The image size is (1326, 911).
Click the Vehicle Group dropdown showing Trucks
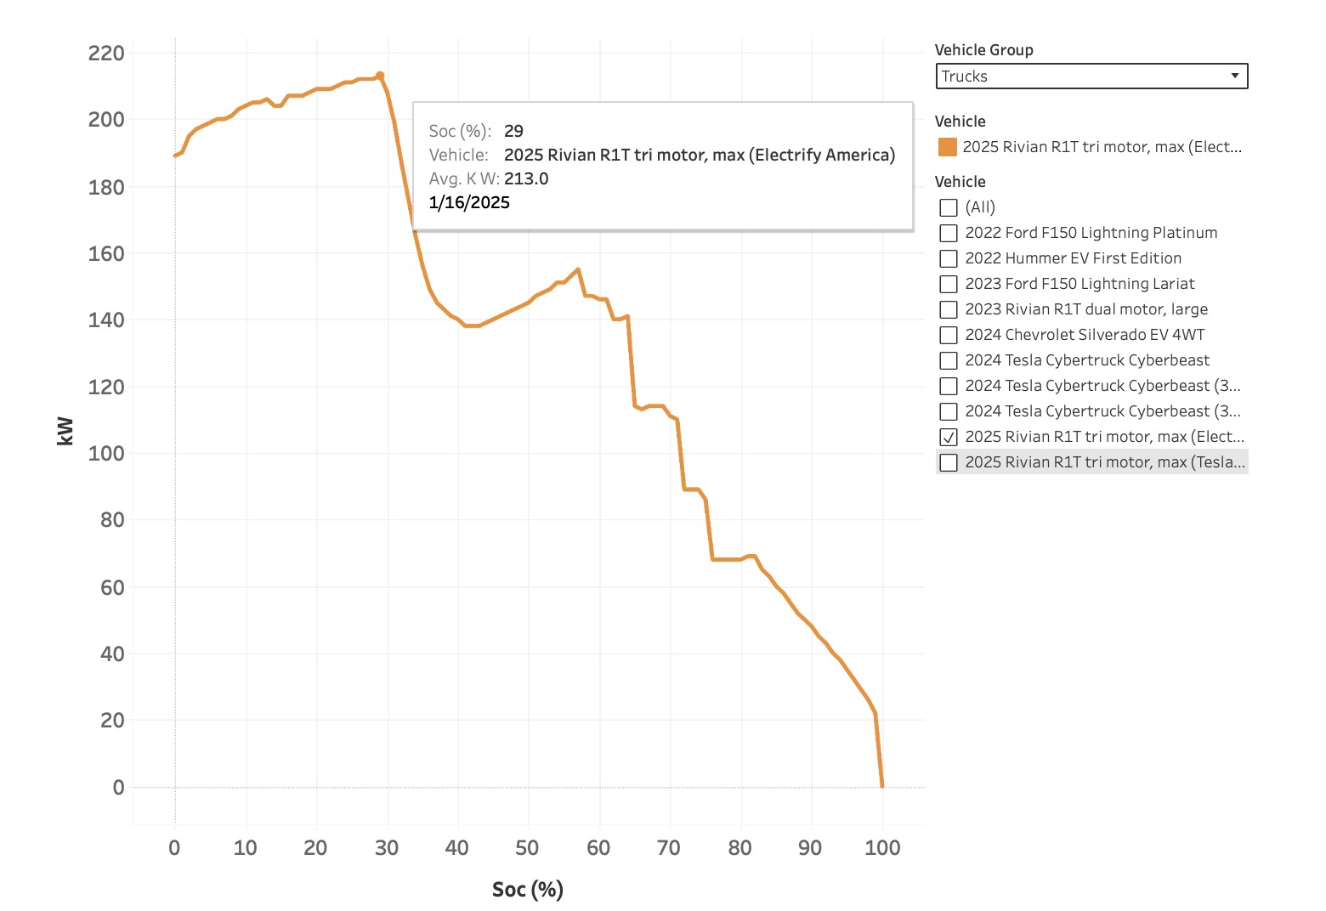pyautogui.click(x=1091, y=76)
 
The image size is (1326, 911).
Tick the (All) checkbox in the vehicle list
pyautogui.click(x=949, y=207)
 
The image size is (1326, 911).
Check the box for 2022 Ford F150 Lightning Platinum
pyautogui.click(x=949, y=233)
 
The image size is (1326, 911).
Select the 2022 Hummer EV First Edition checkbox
pyautogui.click(x=949, y=258)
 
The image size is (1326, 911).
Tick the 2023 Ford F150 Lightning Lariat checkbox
pyautogui.click(x=949, y=284)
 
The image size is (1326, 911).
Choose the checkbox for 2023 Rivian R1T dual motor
pyautogui.click(x=949, y=309)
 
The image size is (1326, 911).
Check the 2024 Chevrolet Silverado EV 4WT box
pyautogui.click(x=949, y=335)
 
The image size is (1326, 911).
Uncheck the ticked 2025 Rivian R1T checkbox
pyautogui.click(x=949, y=437)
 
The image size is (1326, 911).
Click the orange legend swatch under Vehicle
pyautogui.click(x=947, y=147)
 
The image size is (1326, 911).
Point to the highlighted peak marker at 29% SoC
pyautogui.click(x=380, y=76)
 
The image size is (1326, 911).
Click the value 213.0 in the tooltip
pyautogui.click(x=526, y=178)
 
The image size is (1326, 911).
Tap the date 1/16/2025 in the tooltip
pyautogui.click(x=469, y=203)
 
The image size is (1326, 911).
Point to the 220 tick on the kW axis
pyautogui.click(x=106, y=54)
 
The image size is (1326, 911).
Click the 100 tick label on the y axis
pyautogui.click(x=106, y=454)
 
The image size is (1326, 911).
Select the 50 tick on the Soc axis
pyautogui.click(x=527, y=848)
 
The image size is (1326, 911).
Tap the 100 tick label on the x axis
pyautogui.click(x=882, y=848)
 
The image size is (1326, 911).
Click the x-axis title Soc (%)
pyautogui.click(x=528, y=890)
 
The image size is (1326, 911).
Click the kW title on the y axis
pyautogui.click(x=65, y=431)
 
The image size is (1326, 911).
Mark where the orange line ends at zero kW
pyautogui.click(x=882, y=787)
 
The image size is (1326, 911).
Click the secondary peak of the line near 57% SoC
pyautogui.click(x=578, y=270)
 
